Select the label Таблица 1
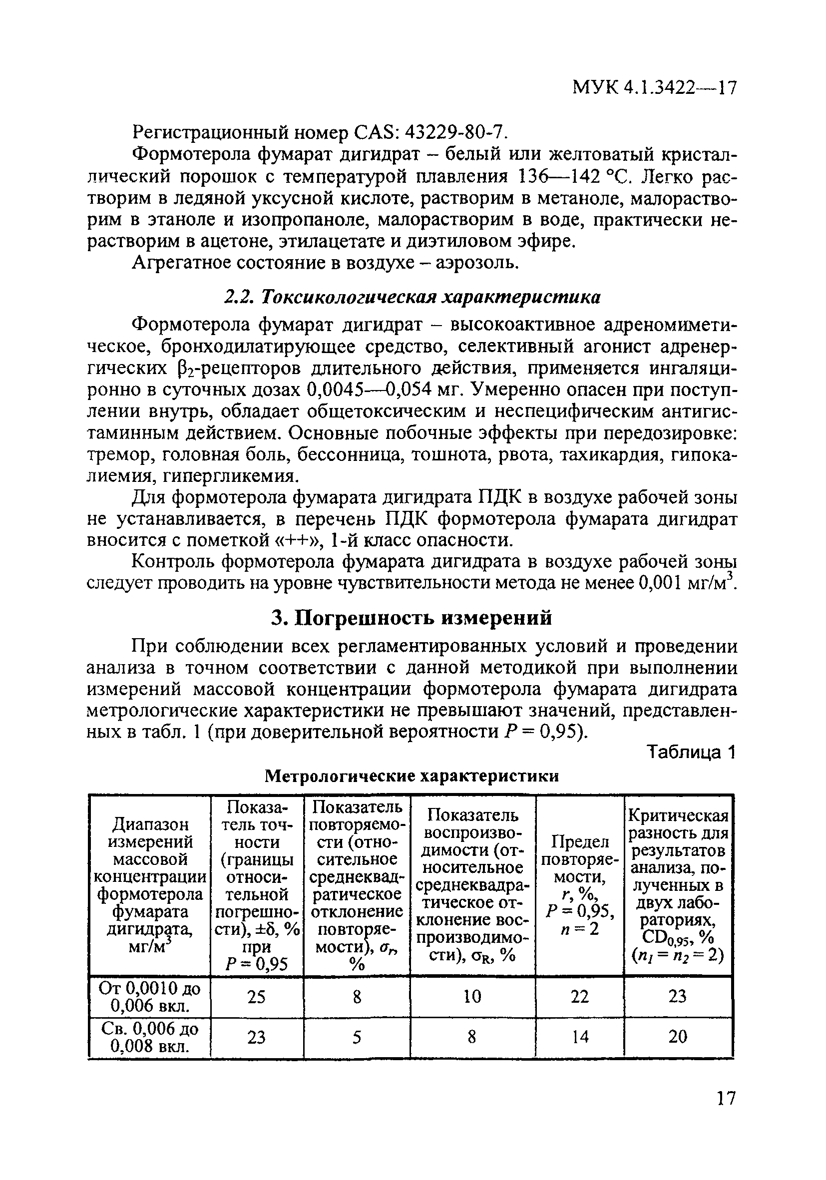tap(691, 753)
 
